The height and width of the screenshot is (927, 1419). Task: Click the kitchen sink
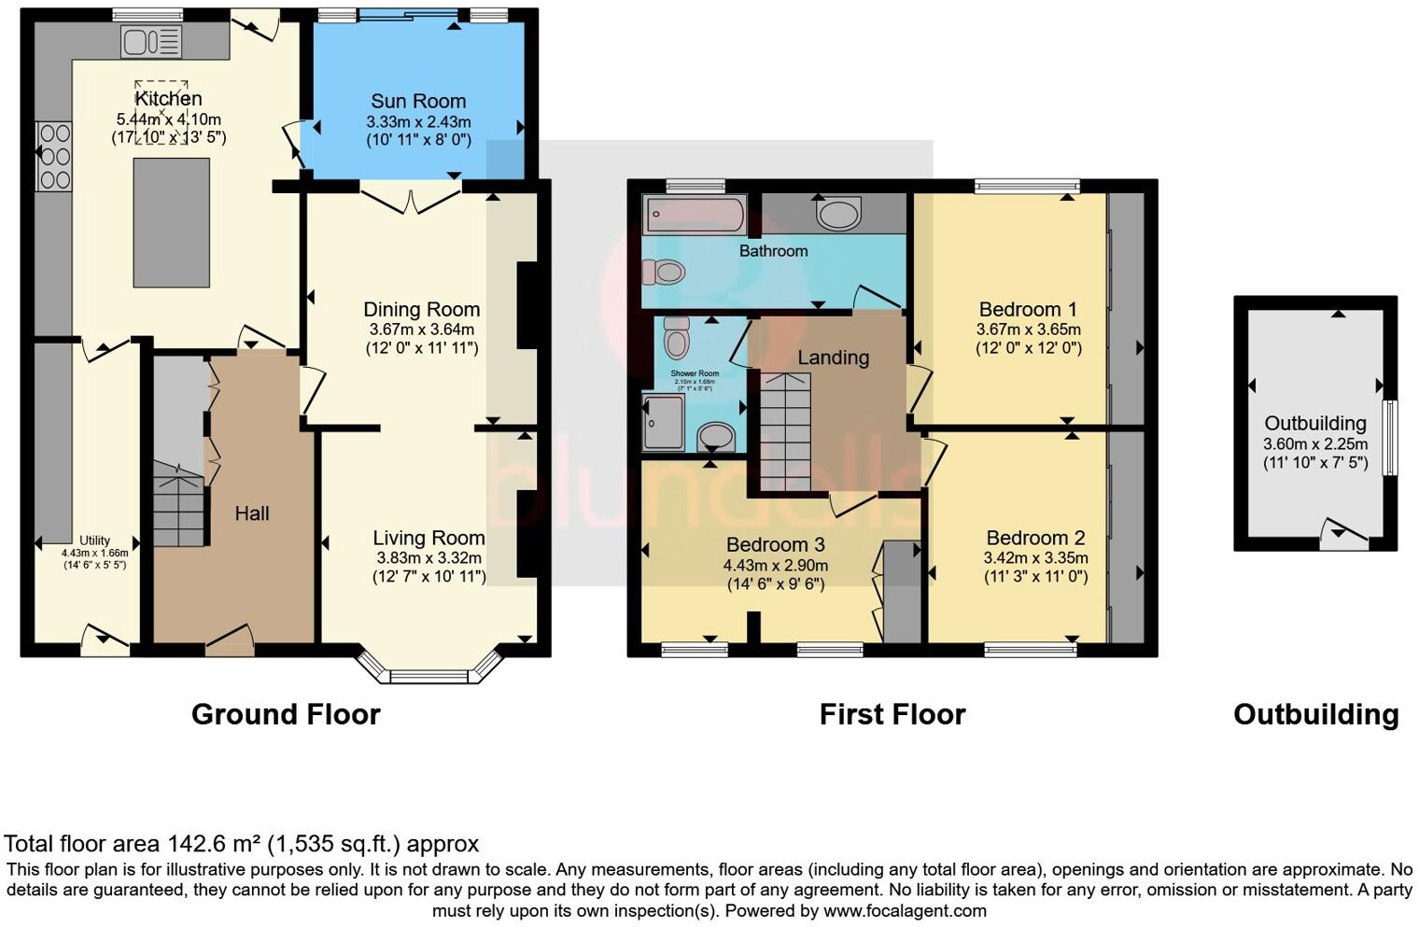150,41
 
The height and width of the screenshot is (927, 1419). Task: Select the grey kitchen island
171,223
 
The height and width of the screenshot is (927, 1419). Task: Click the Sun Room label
417,102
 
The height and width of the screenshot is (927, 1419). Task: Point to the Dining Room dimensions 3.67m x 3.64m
421,330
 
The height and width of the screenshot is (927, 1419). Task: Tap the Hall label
252,513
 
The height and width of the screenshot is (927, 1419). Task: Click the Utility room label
94,541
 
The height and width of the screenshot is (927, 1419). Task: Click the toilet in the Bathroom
664,272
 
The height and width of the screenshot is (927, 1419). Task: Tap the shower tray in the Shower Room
664,420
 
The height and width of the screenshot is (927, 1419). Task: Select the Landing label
833,358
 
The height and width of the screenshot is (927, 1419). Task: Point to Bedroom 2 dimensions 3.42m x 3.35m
1035,558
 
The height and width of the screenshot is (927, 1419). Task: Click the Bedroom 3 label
775,545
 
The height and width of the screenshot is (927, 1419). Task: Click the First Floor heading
892,715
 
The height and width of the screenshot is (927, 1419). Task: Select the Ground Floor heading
286,715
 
